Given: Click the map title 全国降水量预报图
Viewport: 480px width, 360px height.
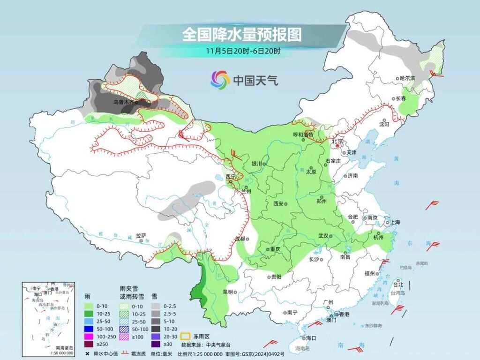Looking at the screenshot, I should (241, 35).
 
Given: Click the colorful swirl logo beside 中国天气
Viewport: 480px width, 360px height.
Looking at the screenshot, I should (220, 80).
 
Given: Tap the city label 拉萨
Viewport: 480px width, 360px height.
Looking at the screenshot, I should (141, 236).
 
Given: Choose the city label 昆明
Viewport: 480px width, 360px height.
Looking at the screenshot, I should (227, 292).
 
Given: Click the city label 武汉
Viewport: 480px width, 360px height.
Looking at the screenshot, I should (323, 236).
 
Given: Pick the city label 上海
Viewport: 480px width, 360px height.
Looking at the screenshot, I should (394, 222).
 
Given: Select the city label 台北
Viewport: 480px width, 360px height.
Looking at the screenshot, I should (397, 284).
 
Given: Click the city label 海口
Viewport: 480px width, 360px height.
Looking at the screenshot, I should (311, 337).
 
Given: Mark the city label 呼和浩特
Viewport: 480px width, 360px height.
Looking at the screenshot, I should (303, 135).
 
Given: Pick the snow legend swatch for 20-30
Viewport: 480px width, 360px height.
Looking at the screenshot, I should (157, 337).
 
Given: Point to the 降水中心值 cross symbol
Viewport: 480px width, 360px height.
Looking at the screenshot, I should (87, 353).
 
